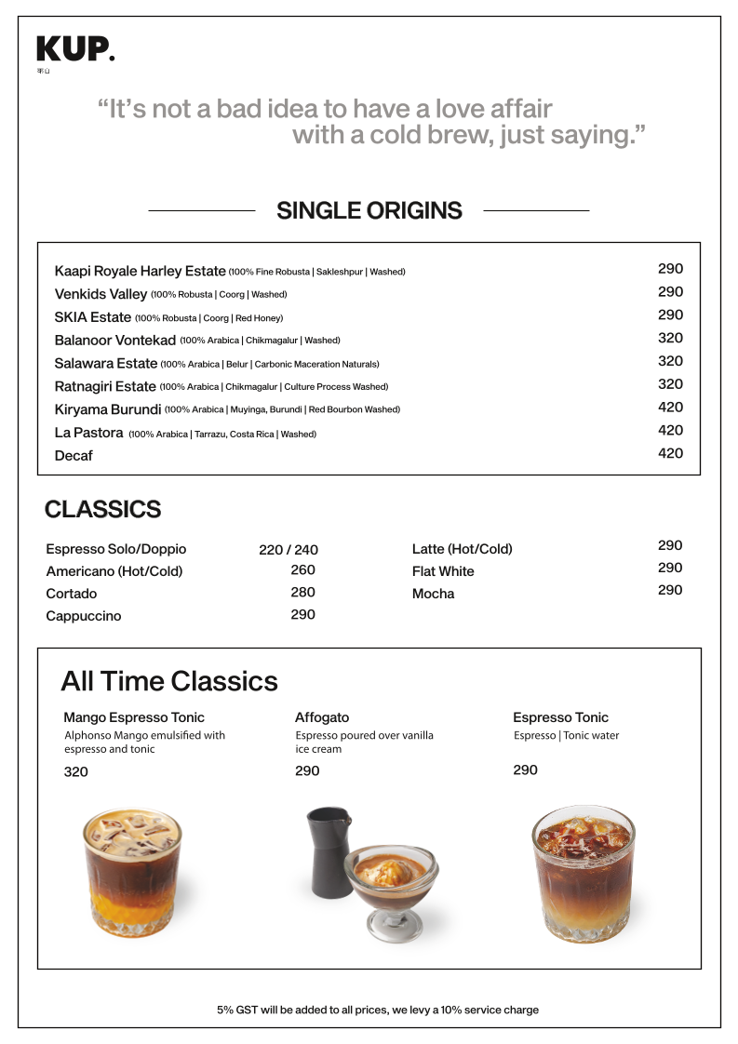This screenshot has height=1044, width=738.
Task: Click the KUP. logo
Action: tap(75, 49)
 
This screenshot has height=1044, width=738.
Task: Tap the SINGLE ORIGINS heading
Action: tap(369, 211)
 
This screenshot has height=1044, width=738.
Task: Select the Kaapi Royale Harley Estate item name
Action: tap(140, 272)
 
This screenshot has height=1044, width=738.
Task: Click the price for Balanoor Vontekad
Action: tap(670, 338)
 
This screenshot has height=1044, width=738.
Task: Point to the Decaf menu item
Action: tap(74, 456)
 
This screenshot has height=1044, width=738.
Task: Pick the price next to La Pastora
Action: tap(670, 430)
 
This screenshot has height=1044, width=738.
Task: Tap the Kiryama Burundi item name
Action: tap(108, 409)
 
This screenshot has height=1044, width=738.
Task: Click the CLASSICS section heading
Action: tap(102, 510)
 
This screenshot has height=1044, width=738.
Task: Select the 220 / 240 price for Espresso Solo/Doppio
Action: tap(288, 550)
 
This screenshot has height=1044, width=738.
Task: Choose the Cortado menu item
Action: tap(72, 594)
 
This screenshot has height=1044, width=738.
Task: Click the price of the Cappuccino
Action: tap(302, 614)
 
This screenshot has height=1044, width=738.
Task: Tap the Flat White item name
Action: tap(443, 571)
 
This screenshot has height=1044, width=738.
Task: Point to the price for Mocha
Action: tap(670, 590)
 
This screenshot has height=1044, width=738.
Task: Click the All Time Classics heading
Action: tap(169, 681)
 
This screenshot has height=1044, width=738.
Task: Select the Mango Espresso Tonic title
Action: tap(134, 717)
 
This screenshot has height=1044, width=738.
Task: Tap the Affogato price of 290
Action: tap(307, 770)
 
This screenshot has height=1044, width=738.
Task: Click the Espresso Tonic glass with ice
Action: tap(583, 875)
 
